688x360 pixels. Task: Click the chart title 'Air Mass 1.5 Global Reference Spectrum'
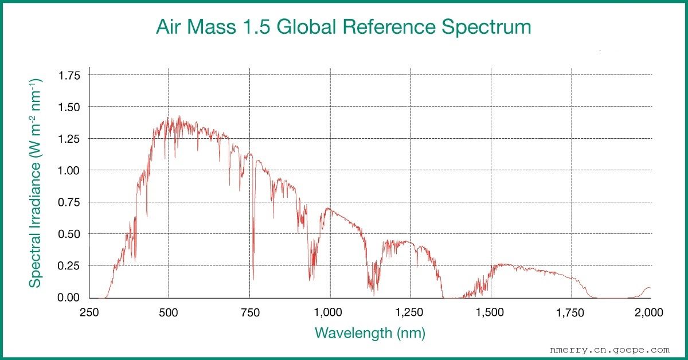click(343, 27)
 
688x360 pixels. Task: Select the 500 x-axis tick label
click(169, 312)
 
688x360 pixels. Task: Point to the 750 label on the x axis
click(249, 312)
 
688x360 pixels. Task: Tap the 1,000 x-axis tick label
click(330, 312)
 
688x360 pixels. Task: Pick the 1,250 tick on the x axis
click(411, 312)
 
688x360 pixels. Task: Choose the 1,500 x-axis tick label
click(491, 312)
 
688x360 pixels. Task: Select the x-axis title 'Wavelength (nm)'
click(370, 332)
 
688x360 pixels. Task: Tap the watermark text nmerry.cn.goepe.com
click(609, 349)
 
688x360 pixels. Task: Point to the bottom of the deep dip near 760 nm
click(253, 279)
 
